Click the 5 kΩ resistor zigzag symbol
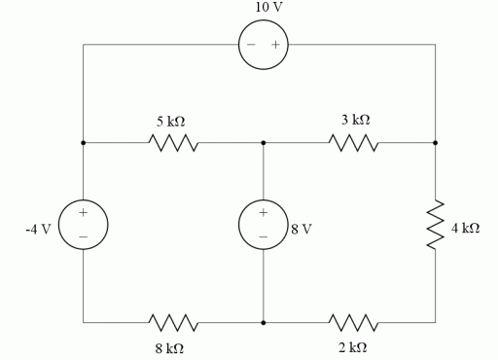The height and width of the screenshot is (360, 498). [173, 143]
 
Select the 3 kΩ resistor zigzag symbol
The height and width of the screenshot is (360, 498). [354, 143]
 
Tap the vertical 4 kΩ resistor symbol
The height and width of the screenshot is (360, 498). [435, 226]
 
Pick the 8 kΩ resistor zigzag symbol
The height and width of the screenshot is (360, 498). [173, 322]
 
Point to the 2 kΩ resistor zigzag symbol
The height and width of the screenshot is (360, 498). [354, 322]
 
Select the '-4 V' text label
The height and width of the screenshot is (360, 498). [38, 231]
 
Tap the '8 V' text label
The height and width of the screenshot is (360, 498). [302, 231]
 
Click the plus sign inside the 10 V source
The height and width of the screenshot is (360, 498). [275, 45]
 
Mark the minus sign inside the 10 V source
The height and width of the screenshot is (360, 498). [251, 45]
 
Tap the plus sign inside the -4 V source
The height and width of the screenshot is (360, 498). [84, 212]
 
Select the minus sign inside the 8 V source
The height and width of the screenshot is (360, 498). [263, 236]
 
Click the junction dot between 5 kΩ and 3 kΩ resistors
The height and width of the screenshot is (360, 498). [264, 143]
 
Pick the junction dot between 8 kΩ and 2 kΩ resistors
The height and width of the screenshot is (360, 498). [264, 322]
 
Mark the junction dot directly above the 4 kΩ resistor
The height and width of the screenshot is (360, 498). [435, 143]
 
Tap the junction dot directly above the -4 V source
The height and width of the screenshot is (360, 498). [84, 143]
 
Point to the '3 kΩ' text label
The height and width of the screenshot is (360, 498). [355, 120]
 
